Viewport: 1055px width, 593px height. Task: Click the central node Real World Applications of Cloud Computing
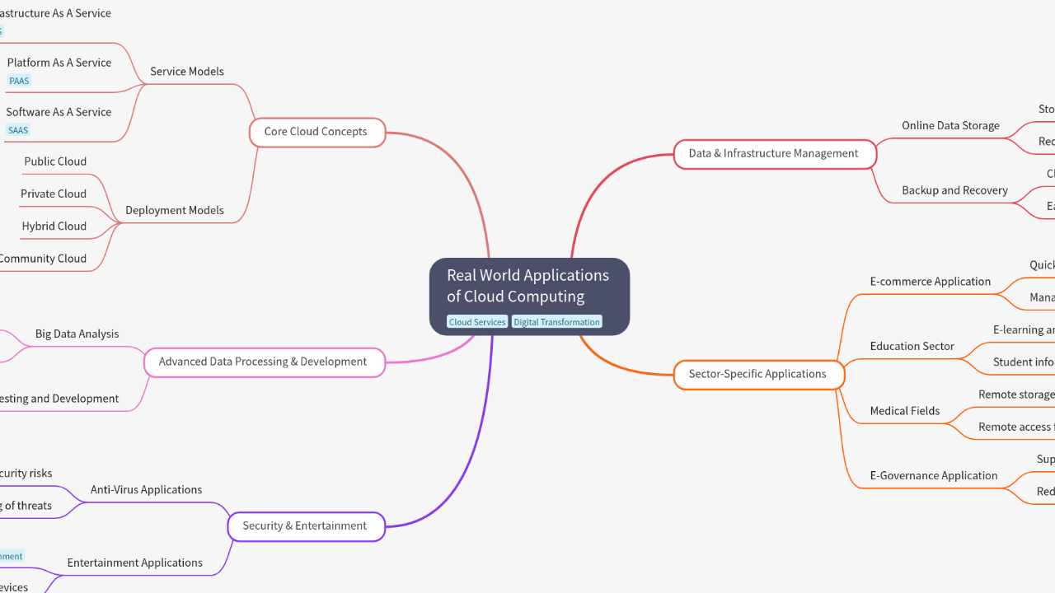click(528, 286)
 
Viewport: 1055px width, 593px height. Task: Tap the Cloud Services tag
click(477, 322)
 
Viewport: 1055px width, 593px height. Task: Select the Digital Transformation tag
click(556, 322)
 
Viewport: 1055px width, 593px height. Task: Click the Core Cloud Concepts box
click(316, 132)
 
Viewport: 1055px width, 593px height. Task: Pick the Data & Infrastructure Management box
click(773, 153)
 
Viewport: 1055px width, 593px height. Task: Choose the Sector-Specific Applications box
click(757, 374)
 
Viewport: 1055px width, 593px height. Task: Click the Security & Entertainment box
click(305, 526)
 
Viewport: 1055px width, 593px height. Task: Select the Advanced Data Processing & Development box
click(263, 362)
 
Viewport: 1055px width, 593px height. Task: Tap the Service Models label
click(187, 72)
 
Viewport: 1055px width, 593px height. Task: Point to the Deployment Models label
click(175, 210)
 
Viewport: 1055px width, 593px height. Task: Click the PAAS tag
click(19, 81)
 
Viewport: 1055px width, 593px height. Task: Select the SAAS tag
click(18, 130)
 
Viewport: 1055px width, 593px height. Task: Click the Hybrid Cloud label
click(54, 226)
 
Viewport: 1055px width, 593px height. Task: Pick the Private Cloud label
click(54, 194)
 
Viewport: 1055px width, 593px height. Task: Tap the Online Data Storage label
click(950, 125)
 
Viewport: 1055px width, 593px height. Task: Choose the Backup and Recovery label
click(954, 190)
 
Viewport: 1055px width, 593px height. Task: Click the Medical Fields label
click(905, 411)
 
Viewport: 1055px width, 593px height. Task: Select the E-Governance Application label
click(934, 476)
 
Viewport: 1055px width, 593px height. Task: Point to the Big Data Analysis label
click(77, 334)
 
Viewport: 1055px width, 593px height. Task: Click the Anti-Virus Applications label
click(147, 490)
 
